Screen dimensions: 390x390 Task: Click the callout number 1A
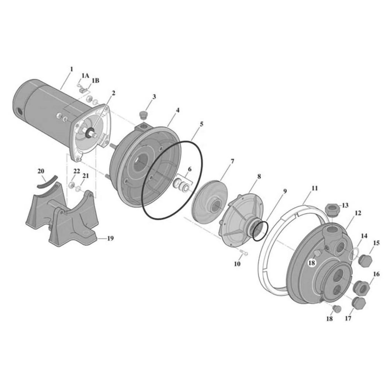(85, 76)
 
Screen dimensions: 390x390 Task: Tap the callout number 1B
(96, 81)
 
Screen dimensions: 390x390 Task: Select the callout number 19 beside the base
(110, 238)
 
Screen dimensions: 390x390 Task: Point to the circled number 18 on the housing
(312, 263)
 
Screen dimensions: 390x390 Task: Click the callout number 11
(315, 188)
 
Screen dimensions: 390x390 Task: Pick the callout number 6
(189, 170)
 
